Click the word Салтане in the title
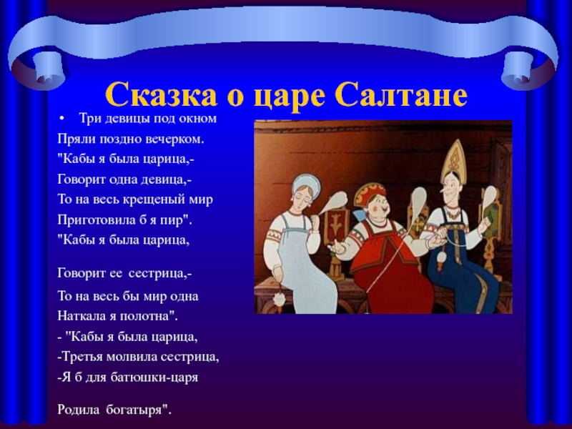pyautogui.click(x=401, y=94)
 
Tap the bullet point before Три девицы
pyautogui.click(x=62, y=119)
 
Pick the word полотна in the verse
pyautogui.click(x=149, y=316)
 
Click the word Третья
pyautogui.click(x=82, y=357)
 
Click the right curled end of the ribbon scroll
pyautogui.click(x=523, y=67)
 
